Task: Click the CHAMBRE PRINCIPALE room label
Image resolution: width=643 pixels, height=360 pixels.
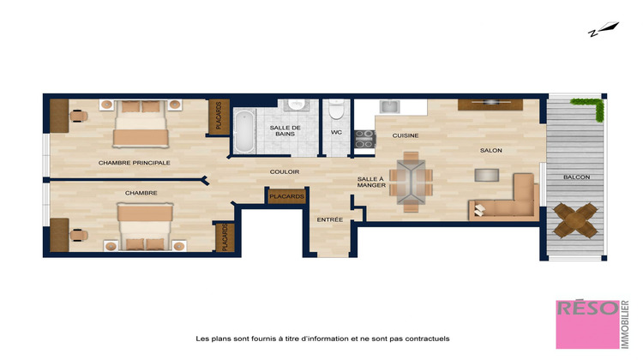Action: (134, 162)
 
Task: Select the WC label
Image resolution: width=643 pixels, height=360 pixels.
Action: (336, 133)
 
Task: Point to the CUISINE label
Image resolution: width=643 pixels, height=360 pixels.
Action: (406, 136)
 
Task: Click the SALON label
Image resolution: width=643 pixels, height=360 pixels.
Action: (491, 151)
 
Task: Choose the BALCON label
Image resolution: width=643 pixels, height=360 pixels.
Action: (575, 177)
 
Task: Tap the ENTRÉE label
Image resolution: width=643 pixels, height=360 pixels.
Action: (330, 219)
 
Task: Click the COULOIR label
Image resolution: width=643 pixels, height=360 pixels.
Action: (284, 171)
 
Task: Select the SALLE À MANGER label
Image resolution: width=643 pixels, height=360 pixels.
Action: (371, 183)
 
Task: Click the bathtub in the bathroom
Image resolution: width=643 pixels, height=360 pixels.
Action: (244, 130)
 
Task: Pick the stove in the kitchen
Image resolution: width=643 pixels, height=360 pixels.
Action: (364, 140)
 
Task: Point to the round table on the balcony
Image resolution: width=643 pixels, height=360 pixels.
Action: (575, 221)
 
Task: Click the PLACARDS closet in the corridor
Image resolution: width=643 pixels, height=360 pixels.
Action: (285, 196)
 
